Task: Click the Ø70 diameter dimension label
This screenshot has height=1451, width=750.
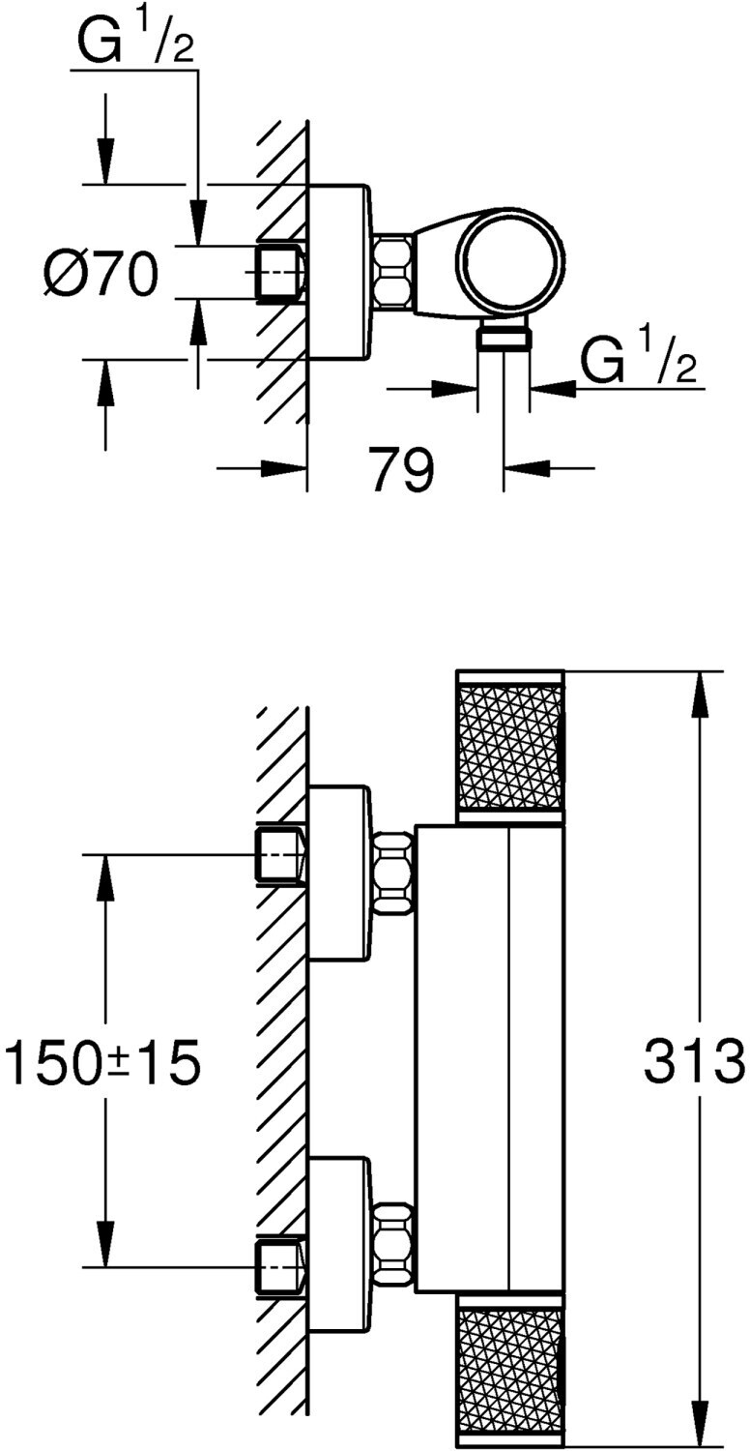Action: coord(100,276)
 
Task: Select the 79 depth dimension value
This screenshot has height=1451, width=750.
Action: coord(403,470)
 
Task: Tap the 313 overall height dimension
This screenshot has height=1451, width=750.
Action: coord(694,1062)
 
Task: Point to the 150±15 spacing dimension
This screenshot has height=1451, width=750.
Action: coord(102,1062)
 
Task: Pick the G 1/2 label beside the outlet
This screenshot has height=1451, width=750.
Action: coord(639,362)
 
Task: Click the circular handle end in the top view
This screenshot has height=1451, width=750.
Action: coord(509,260)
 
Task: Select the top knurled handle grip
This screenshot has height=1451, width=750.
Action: coord(509,747)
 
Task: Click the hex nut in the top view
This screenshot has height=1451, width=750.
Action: coord(392,272)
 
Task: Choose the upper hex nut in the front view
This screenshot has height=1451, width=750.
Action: coord(392,873)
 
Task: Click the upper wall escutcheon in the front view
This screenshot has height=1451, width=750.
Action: coord(338,874)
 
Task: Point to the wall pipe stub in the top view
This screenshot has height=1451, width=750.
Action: coord(280,272)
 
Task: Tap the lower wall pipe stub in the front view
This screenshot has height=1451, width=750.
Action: coord(280,1267)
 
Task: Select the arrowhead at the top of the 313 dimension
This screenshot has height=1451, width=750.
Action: coord(697,692)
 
